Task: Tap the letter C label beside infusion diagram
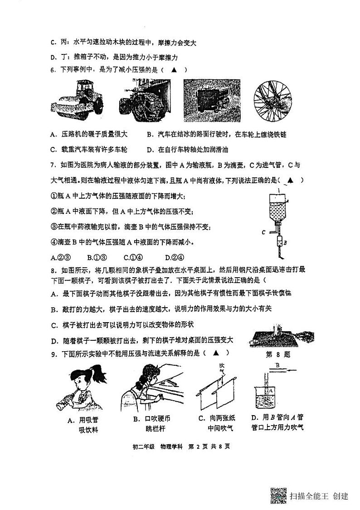[263, 231]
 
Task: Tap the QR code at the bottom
[278, 495]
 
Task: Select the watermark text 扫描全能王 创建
[319, 496]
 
